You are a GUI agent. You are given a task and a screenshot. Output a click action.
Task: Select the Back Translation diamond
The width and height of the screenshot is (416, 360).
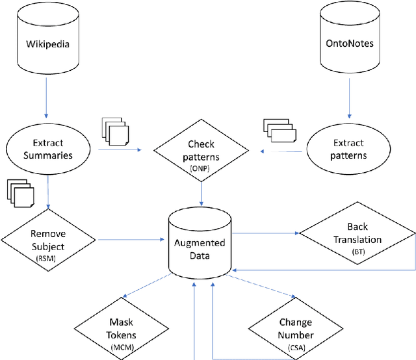coord(357,235)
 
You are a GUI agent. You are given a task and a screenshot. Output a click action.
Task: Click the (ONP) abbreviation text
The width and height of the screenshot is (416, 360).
coord(201,168)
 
